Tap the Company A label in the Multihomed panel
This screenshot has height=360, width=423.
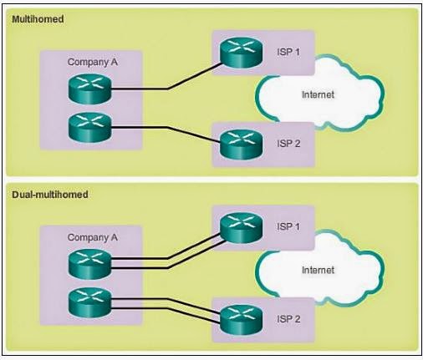(x=92, y=61)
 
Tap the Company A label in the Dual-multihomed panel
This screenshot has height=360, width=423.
(x=92, y=237)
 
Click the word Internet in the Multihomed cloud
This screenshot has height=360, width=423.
(x=318, y=94)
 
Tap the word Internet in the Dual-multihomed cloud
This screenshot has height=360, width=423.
(x=318, y=270)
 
